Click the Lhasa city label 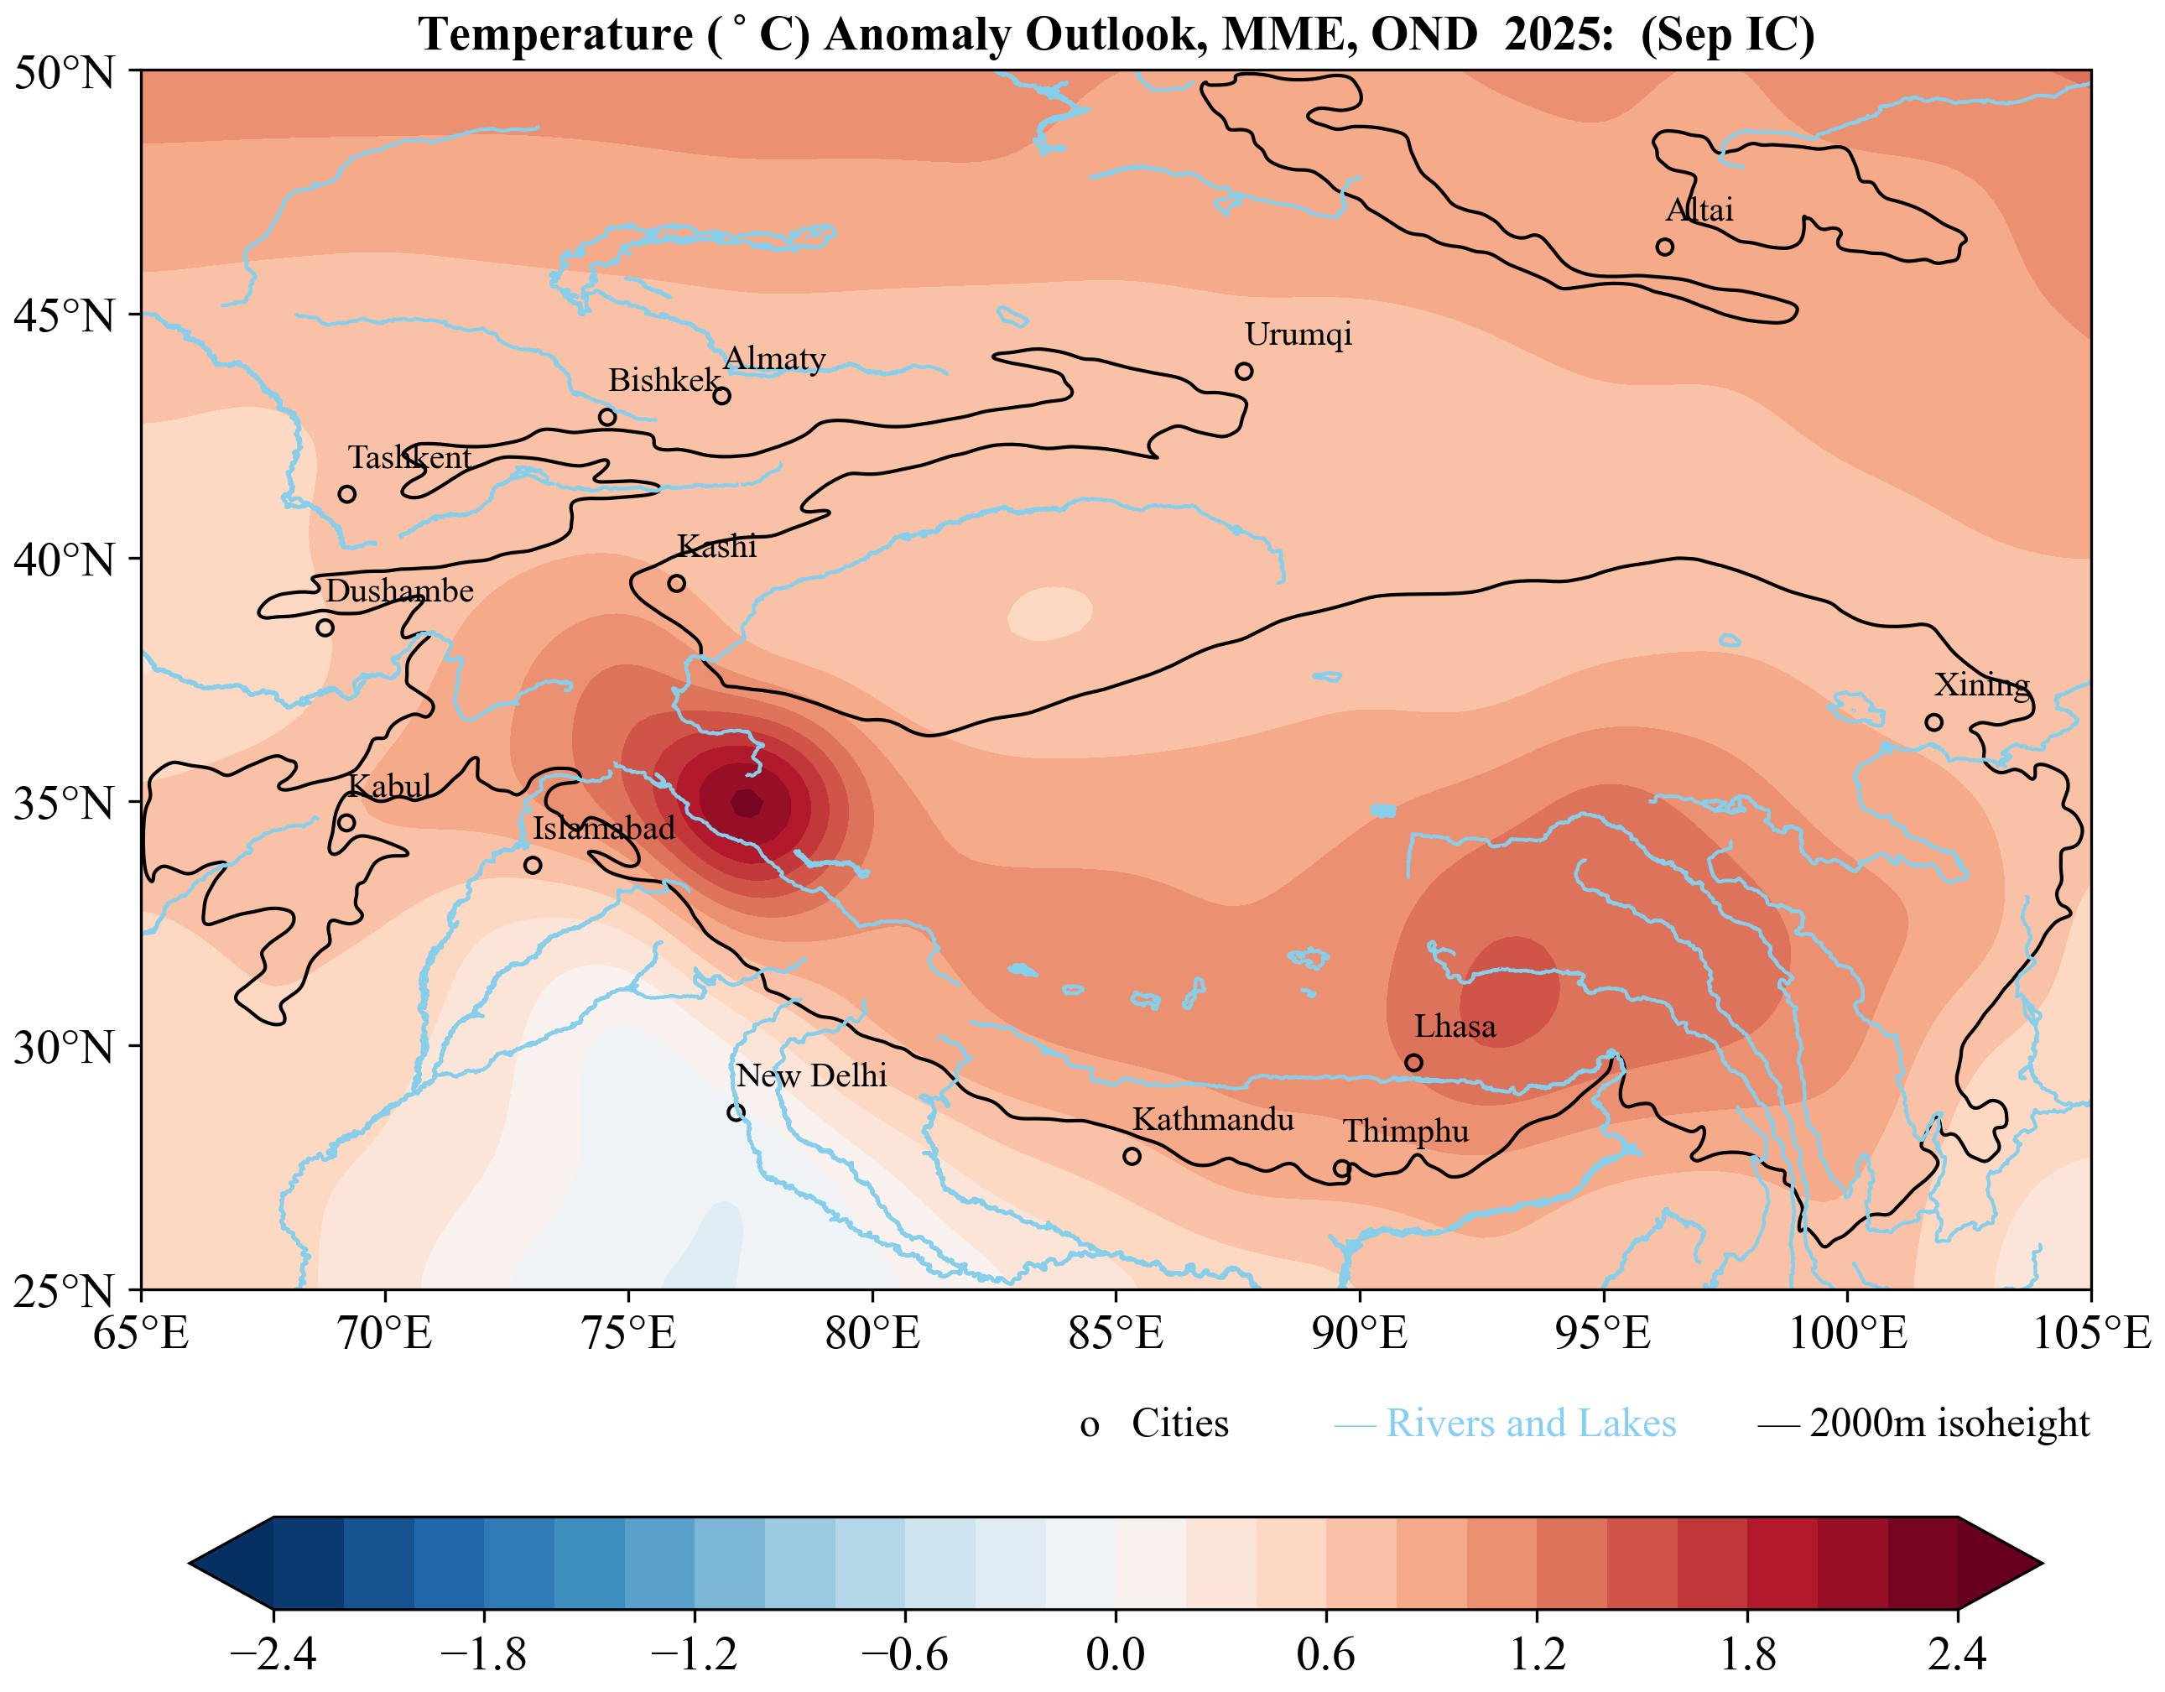[1455, 1026]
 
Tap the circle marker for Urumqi [1244, 371]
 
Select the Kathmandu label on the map [1212, 1119]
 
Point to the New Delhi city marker [736, 1112]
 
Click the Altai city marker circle [1664, 247]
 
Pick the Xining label [1981, 684]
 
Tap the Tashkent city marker [346, 493]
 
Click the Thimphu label [1405, 1131]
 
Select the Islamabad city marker [533, 866]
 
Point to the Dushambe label [399, 591]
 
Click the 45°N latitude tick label [65, 316]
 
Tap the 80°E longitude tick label [872, 1334]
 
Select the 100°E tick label [1848, 1334]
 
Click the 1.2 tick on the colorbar [1537, 1653]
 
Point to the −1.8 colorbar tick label [483, 1653]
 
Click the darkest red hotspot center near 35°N [747, 803]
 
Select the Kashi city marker [676, 583]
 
